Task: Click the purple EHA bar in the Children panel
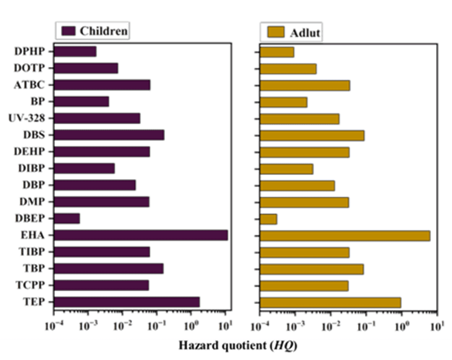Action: [x=141, y=235]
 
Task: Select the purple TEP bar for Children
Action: [x=127, y=302]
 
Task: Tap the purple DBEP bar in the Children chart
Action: [x=67, y=218]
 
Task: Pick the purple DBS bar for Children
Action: [x=110, y=135]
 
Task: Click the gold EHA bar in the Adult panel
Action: [x=345, y=236]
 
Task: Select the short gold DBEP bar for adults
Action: [x=269, y=219]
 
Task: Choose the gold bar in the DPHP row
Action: [x=277, y=52]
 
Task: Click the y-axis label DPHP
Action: [x=29, y=51]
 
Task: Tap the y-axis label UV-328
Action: [x=26, y=118]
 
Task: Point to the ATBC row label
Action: [x=29, y=85]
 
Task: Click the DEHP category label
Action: [x=29, y=151]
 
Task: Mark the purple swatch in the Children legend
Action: [x=67, y=31]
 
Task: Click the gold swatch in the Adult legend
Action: [x=275, y=32]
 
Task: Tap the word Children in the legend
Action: [x=103, y=31]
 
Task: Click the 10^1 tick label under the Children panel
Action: [x=225, y=326]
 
